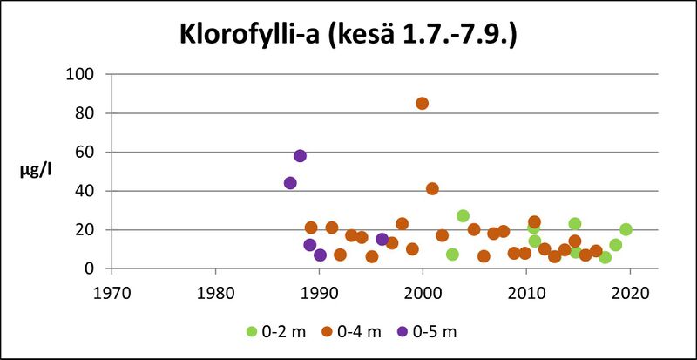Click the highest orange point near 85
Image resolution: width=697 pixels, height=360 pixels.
click(422, 103)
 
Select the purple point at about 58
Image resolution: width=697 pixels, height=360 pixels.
click(300, 156)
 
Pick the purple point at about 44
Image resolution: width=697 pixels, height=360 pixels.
click(290, 183)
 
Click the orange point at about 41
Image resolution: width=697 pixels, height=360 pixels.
click(432, 188)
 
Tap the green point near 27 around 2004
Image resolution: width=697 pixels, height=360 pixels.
click(463, 216)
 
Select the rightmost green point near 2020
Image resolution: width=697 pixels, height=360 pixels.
click(626, 229)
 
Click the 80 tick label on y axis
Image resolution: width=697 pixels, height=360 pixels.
click(85, 113)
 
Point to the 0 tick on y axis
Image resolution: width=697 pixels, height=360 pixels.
click(89, 269)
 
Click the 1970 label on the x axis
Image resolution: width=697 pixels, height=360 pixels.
click(112, 291)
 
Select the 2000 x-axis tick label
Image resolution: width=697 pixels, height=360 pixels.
click(423, 291)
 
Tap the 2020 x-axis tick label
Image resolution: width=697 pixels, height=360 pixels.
click(630, 291)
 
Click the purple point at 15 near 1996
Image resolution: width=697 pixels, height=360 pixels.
click(382, 239)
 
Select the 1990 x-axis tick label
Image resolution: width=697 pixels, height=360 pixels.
click(319, 291)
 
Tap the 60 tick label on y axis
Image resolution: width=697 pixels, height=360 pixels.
click(85, 152)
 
